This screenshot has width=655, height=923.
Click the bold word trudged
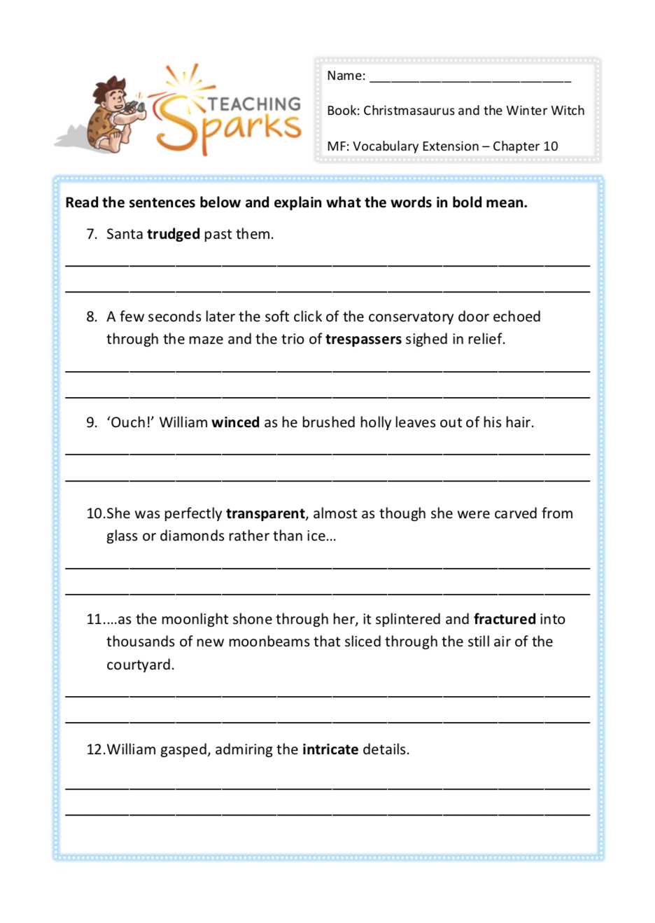(x=174, y=235)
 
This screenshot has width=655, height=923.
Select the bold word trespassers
(x=363, y=340)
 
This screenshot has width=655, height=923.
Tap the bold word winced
(x=235, y=422)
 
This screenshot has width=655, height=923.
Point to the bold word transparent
(x=265, y=514)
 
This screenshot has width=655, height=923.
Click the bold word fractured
(x=505, y=619)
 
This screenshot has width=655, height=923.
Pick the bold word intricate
(x=330, y=749)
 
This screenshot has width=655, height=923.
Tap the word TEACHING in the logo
(x=255, y=104)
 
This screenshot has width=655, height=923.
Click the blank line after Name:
(x=470, y=77)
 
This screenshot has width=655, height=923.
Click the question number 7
(x=92, y=235)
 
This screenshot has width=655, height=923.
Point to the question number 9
(x=92, y=422)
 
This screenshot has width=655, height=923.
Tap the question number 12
(x=95, y=749)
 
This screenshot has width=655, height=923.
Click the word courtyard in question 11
(x=140, y=665)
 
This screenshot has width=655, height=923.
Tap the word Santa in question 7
(x=125, y=235)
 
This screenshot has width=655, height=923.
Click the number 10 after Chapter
(x=551, y=146)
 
